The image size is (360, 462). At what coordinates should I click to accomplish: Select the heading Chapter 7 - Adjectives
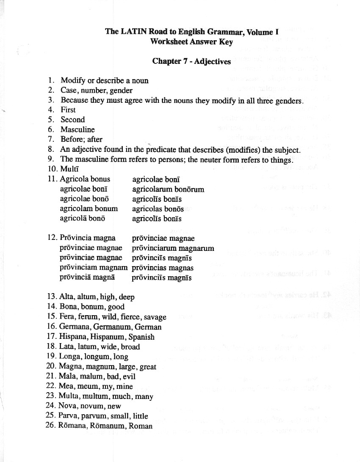(191, 61)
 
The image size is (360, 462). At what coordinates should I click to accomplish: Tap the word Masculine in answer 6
(78, 129)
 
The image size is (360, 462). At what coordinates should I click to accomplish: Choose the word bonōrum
(189, 189)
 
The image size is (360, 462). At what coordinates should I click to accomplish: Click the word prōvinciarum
(154, 248)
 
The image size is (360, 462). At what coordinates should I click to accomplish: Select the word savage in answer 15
(155, 317)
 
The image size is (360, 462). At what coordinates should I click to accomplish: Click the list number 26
(50, 426)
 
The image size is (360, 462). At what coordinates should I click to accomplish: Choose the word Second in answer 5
(72, 120)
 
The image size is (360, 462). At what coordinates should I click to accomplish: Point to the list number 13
(50, 297)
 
